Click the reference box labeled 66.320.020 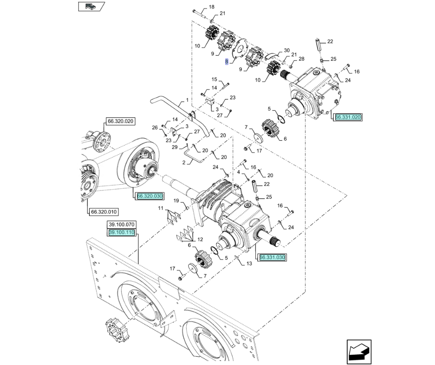coord(120,121)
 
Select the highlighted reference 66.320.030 coord(150,196)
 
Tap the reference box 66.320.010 coord(104,212)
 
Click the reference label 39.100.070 coord(121,225)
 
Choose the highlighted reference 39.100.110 coord(121,232)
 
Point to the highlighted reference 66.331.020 coord(348,117)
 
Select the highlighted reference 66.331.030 coord(272,257)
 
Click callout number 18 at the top coord(211,7)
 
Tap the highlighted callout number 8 coord(227,62)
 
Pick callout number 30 coord(287,50)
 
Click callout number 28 coord(301,59)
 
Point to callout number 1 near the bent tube coord(187,100)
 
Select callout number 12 coord(200,239)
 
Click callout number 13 coord(249,263)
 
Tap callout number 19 coord(176,201)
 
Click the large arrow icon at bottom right coord(359,352)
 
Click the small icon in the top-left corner coord(91,7)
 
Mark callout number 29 coord(174,147)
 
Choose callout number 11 coord(161,208)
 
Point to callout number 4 coord(238,172)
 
